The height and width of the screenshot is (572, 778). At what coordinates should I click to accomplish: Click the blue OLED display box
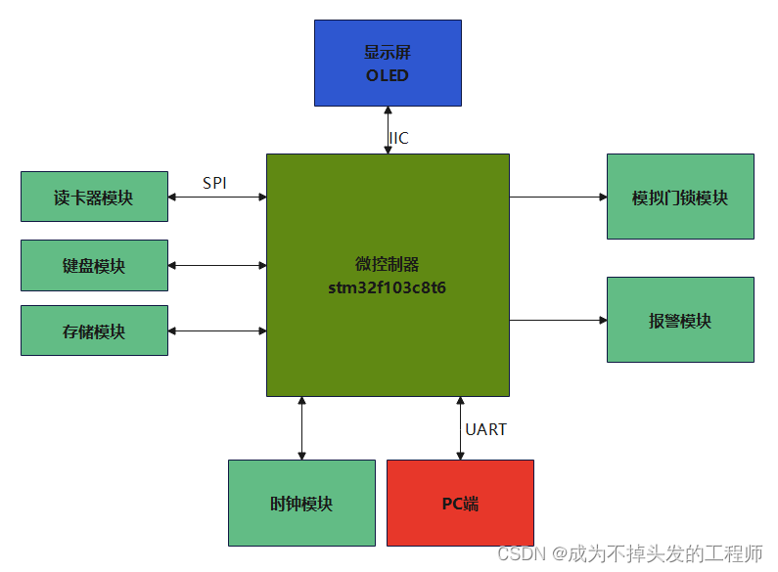click(388, 63)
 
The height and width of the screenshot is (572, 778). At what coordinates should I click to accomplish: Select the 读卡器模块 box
click(94, 198)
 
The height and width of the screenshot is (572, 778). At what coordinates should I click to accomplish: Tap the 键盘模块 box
click(94, 265)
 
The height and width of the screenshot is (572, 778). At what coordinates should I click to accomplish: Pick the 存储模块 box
click(94, 331)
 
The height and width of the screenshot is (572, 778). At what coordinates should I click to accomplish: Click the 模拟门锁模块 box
click(680, 197)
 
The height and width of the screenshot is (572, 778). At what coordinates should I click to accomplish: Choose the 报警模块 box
click(680, 321)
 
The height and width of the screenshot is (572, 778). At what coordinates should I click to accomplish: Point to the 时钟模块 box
click(301, 504)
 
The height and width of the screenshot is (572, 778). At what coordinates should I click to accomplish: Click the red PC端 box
click(460, 504)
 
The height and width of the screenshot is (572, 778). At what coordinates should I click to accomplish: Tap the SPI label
click(214, 183)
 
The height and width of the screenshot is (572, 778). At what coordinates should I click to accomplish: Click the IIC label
click(399, 138)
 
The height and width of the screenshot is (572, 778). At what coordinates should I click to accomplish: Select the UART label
click(485, 429)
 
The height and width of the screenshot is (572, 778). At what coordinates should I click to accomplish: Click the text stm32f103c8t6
click(388, 288)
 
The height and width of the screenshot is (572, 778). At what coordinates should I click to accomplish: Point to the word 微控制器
click(388, 265)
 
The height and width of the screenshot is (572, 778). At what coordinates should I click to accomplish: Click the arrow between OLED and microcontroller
click(388, 129)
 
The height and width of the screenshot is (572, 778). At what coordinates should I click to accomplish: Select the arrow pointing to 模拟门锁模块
click(558, 198)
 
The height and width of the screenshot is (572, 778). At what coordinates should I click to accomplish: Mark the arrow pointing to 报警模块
click(558, 320)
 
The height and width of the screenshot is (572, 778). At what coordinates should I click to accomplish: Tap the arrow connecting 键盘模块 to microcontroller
click(217, 265)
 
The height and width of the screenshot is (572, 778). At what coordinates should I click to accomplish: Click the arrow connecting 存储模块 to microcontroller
click(217, 331)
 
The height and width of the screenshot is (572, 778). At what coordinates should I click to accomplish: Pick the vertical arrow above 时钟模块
click(301, 428)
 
